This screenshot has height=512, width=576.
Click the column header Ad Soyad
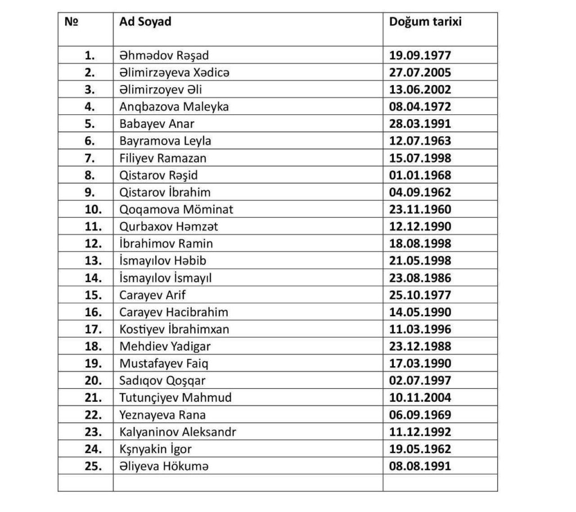[x=145, y=22]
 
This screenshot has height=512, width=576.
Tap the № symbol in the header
[x=71, y=22]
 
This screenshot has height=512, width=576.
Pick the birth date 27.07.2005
[x=420, y=73]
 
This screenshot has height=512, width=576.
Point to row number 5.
[x=90, y=124]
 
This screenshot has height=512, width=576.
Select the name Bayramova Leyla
[x=165, y=141]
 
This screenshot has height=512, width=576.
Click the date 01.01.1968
[x=420, y=175]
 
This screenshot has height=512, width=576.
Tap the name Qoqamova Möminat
[x=176, y=209]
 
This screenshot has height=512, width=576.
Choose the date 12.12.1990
[x=420, y=227]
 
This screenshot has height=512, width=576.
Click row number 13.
[x=93, y=261]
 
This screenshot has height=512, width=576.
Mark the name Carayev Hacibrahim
[x=174, y=312]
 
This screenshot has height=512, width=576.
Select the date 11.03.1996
[x=420, y=329]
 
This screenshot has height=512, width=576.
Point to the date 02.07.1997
[x=420, y=380]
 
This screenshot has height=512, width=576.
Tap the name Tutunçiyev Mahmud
[x=175, y=398]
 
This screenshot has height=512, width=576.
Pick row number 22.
[x=93, y=415]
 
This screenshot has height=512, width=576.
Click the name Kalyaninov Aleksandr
[x=178, y=432]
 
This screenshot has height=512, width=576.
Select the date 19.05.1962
[x=420, y=449]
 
